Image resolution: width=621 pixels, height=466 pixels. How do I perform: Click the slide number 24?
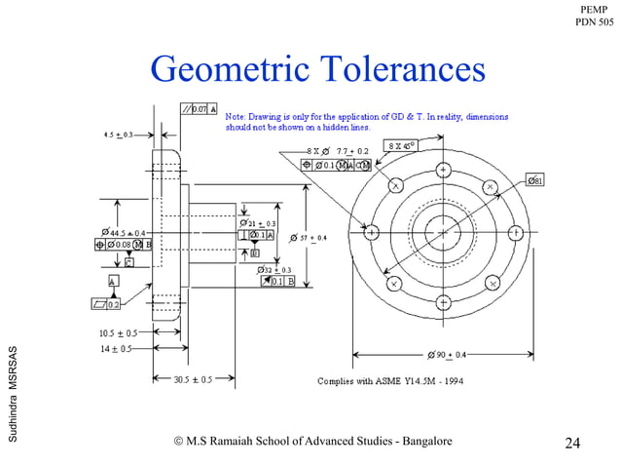click(x=572, y=445)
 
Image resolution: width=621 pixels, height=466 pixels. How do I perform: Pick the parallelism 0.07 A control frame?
click(x=200, y=107)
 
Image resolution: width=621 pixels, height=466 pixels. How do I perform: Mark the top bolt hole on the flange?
click(x=443, y=170)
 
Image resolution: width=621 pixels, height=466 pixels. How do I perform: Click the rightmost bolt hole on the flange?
click(x=513, y=234)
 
